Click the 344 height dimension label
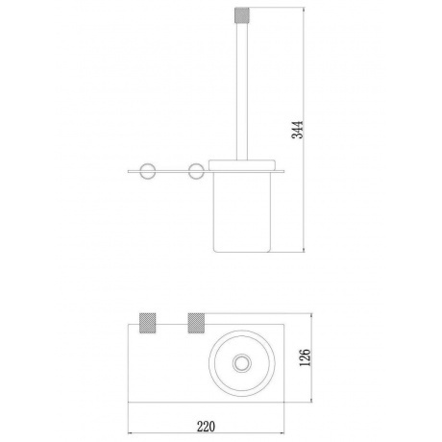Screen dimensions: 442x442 298,130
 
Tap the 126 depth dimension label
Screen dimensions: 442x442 306,357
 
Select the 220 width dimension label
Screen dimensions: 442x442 206,427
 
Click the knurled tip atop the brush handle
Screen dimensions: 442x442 242,14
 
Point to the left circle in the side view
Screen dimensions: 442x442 147,171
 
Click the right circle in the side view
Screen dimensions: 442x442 196,171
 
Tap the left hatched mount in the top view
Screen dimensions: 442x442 147,323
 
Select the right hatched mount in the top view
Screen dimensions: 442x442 196,323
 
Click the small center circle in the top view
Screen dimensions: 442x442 242,363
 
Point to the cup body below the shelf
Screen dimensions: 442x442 242,212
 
